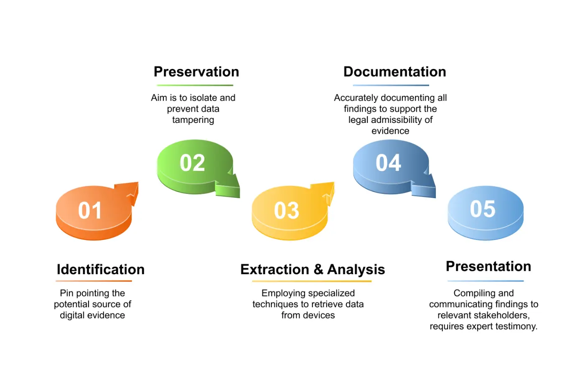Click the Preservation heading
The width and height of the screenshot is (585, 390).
coord(196,72)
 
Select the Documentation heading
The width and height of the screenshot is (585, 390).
coord(394,72)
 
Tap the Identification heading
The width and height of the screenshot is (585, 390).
coord(101,270)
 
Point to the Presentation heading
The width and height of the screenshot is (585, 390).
coord(488,266)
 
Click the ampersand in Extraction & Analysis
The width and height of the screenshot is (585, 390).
coord(318,270)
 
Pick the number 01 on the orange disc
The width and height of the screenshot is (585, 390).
coord(90,210)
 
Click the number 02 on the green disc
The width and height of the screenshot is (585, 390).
coord(192,163)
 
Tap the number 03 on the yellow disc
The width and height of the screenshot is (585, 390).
coord(287,210)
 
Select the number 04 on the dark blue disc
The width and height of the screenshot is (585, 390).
coord(388,163)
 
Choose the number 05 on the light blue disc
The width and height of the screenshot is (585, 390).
coord(483,209)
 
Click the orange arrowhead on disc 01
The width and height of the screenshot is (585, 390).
coord(130,191)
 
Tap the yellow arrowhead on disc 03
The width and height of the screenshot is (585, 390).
coord(326,191)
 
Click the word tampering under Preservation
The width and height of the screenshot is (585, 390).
coord(193,120)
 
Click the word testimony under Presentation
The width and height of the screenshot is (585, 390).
coord(516,326)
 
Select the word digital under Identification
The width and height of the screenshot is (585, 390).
coord(72,316)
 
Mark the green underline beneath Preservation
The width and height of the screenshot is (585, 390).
coord(195,85)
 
